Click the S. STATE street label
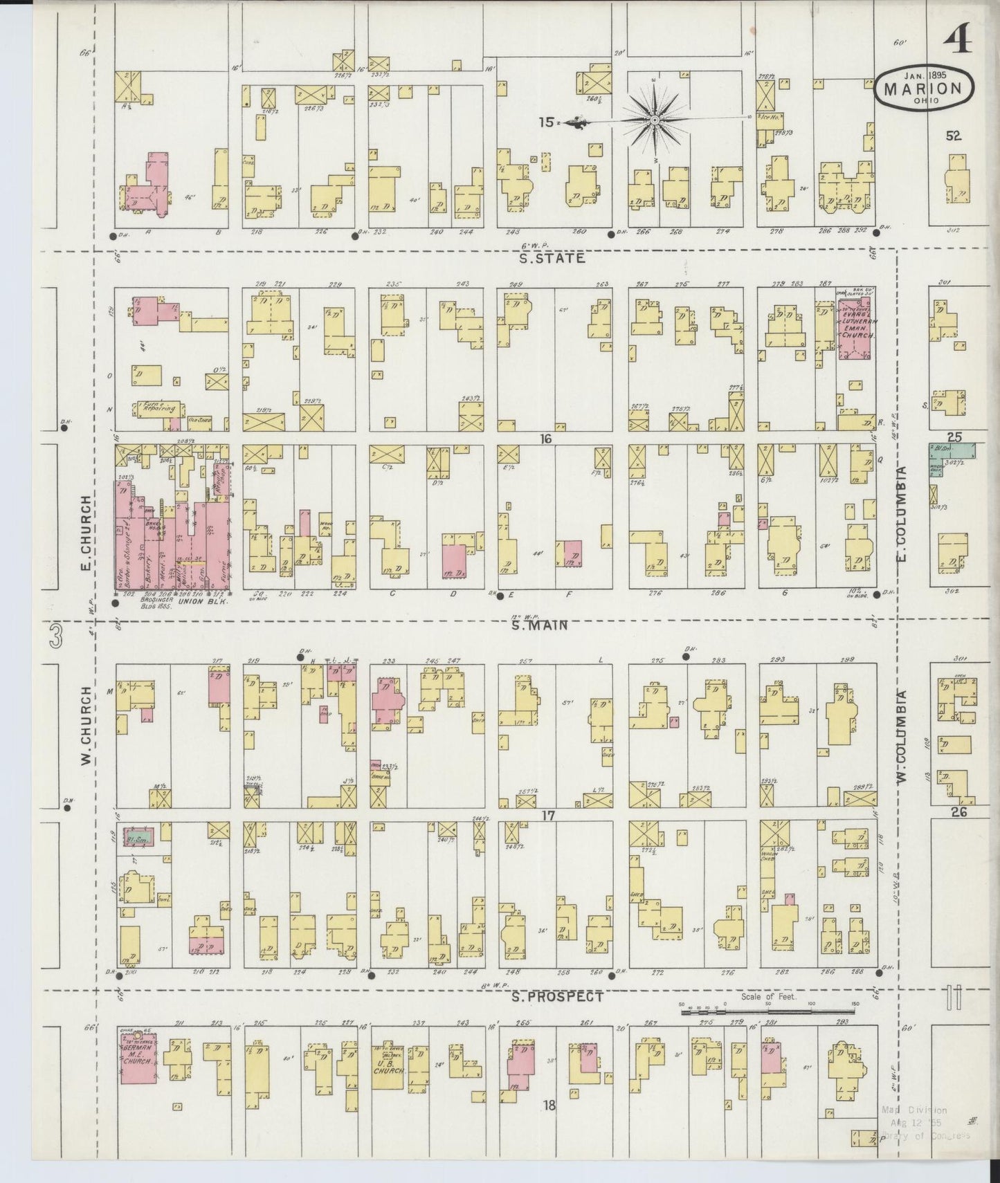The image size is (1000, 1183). [552, 258]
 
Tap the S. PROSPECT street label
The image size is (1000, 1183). [557, 997]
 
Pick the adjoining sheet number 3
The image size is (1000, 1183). [56, 636]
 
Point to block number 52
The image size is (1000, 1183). [954, 136]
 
